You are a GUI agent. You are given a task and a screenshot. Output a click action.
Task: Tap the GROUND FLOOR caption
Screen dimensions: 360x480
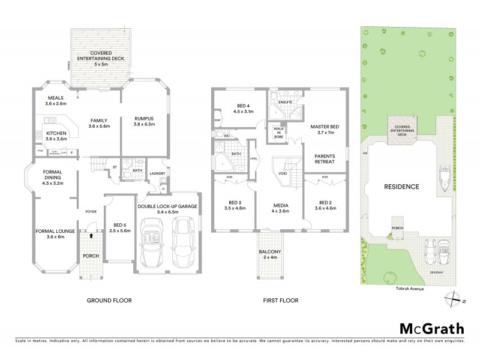[x=109, y=300]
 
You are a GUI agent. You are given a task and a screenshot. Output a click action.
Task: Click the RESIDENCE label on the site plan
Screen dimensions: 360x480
[x=401, y=187]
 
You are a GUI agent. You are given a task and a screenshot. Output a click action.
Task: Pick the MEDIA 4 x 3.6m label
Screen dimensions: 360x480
[x=280, y=208]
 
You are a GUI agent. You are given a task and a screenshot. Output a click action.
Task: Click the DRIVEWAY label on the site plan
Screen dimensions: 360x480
[x=437, y=272]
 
